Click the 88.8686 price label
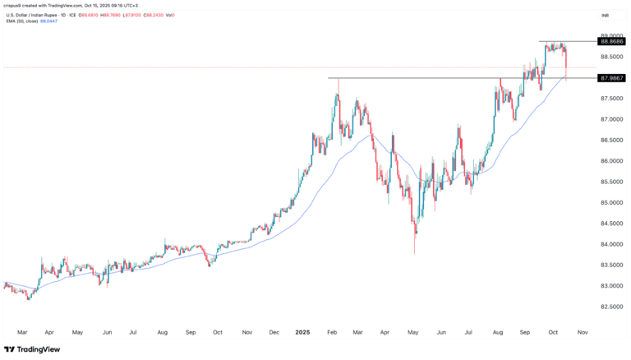point(614,41)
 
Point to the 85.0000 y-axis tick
point(613,202)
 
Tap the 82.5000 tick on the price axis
point(613,307)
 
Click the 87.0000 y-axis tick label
point(613,119)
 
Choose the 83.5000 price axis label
point(613,265)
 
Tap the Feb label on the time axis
point(333,332)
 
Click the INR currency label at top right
point(605,16)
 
